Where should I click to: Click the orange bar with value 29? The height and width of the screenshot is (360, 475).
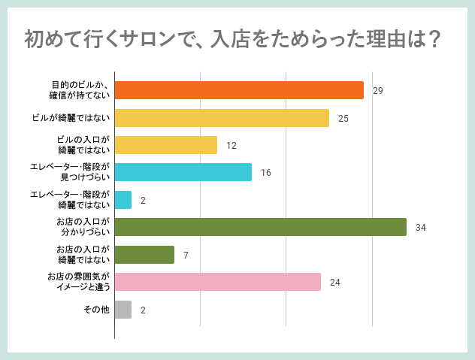point(239,90)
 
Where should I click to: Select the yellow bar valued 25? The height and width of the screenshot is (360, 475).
point(222,118)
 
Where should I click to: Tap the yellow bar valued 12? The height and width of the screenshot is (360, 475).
point(166,145)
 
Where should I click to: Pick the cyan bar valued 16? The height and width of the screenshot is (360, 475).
point(183,172)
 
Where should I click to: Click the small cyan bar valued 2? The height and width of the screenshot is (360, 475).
point(123,200)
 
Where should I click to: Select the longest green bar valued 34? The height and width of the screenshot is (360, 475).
point(261,227)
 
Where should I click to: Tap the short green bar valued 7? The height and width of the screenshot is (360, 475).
point(144,255)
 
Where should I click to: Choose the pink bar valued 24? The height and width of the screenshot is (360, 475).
point(218,282)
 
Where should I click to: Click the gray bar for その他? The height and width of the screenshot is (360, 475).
point(123,310)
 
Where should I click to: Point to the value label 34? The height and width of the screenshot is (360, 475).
point(421,228)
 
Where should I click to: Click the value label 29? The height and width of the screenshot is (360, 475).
point(378,91)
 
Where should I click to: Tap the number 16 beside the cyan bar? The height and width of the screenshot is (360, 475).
point(266,173)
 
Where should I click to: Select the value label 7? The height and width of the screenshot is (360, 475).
point(185,256)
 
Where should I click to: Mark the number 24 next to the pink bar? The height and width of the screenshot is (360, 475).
point(335,283)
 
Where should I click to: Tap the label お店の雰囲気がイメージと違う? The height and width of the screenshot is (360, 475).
point(78,282)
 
